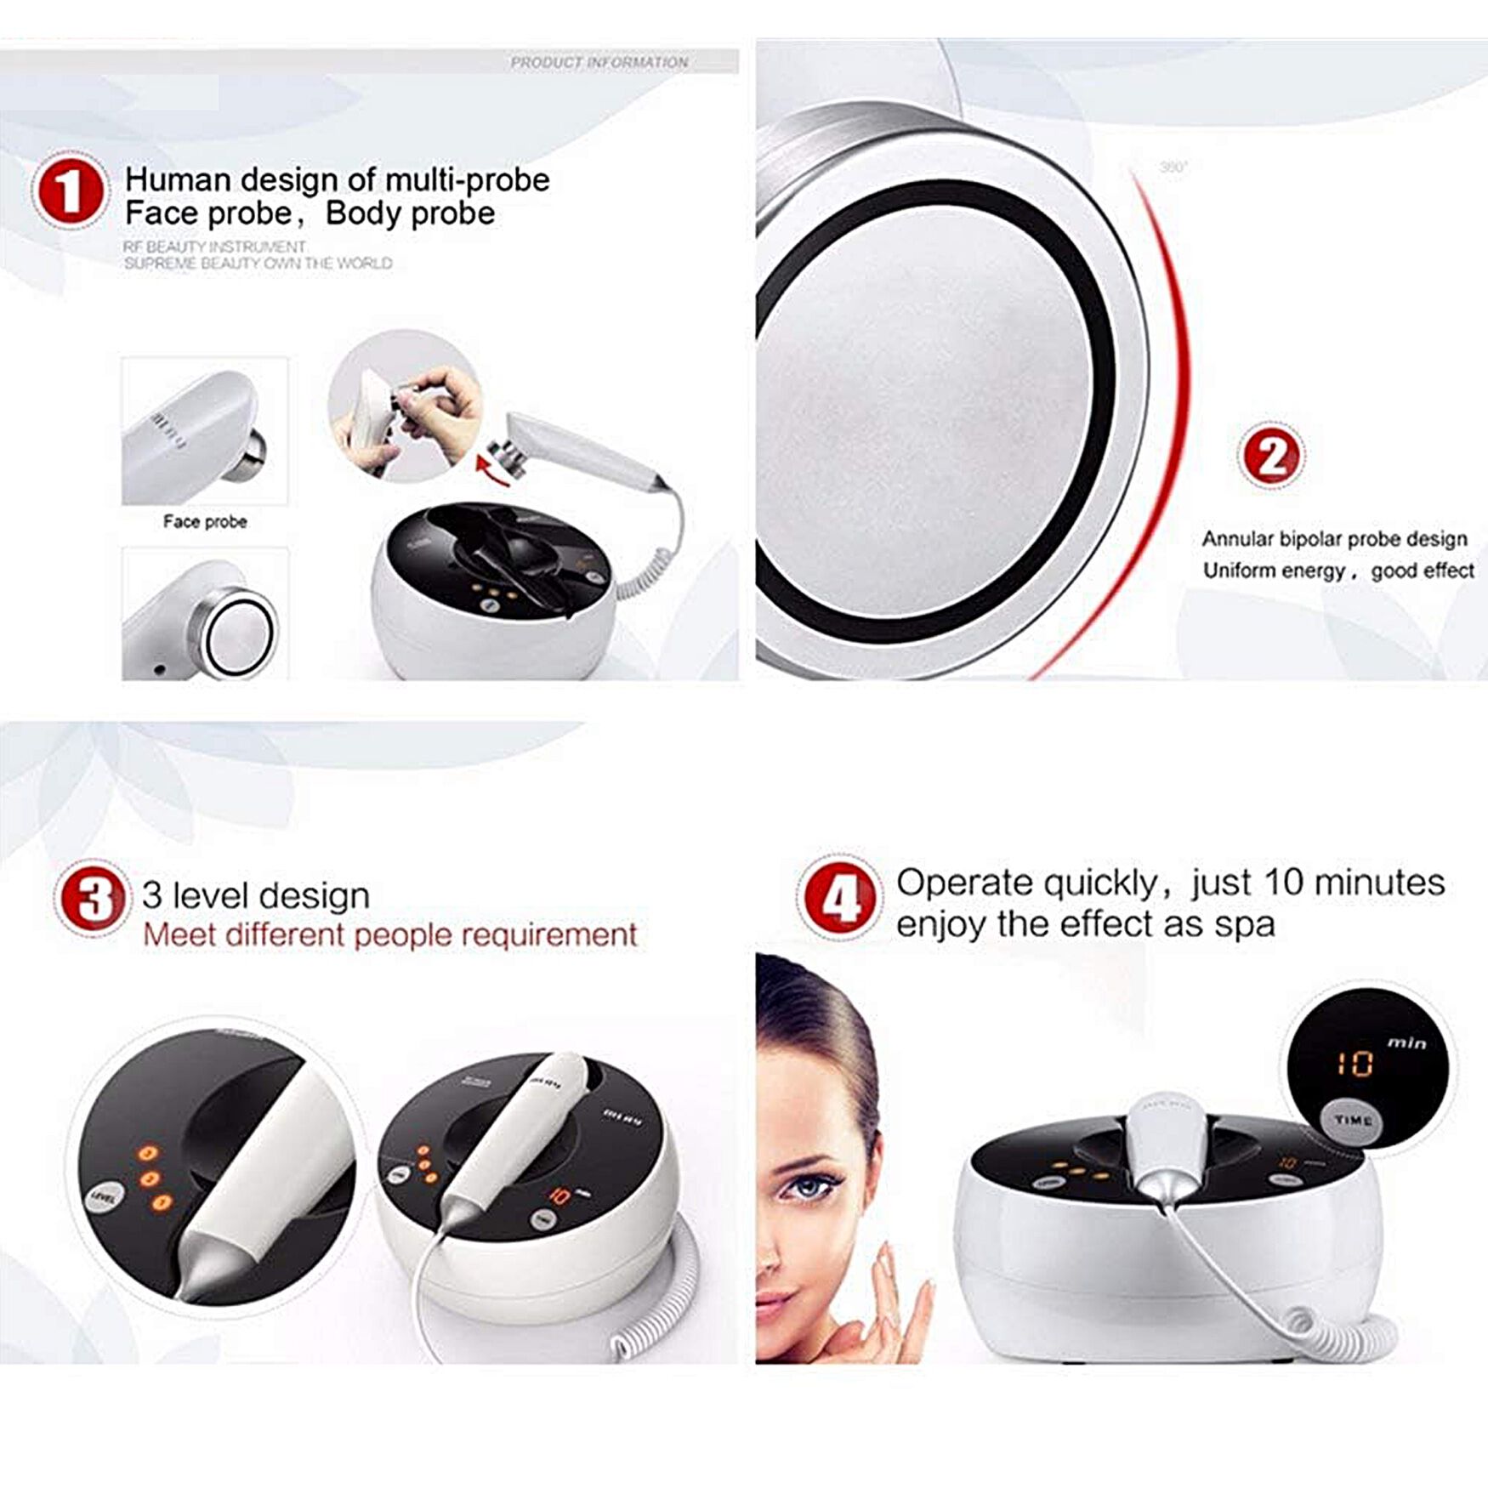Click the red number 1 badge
pyautogui.click(x=70, y=190)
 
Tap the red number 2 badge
pyautogui.click(x=1270, y=456)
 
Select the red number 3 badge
pyautogui.click(x=92, y=898)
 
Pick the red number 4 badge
pyautogui.click(x=840, y=898)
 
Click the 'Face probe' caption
pyautogui.click(x=205, y=521)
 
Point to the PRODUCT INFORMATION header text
pyautogui.click(x=599, y=62)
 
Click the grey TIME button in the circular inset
pyautogui.click(x=1351, y=1120)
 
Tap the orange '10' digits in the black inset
pyautogui.click(x=1353, y=1064)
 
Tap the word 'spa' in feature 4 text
pyautogui.click(x=1244, y=924)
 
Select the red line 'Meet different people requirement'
pyautogui.click(x=389, y=935)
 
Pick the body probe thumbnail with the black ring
pyautogui.click(x=205, y=614)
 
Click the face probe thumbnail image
pyautogui.click(x=205, y=431)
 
